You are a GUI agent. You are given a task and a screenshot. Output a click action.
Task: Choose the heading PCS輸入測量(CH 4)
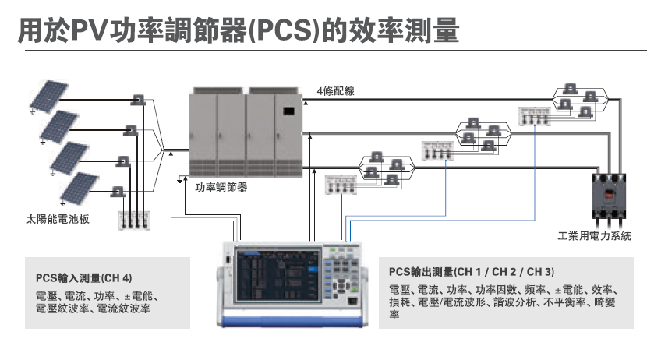pos(84,277)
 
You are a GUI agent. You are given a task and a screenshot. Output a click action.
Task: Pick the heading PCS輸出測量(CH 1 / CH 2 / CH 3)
pos(473,272)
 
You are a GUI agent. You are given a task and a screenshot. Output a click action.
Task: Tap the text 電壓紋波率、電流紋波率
pos(94,309)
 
